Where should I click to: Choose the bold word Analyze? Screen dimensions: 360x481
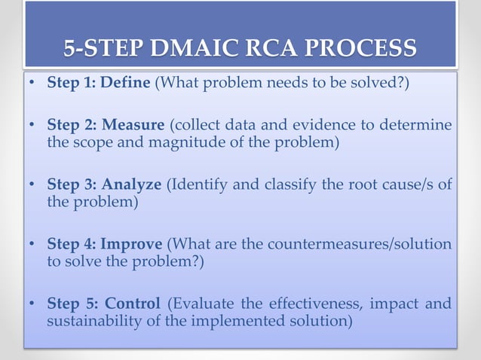[133, 183]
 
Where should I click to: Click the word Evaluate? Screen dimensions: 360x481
[201, 304]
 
